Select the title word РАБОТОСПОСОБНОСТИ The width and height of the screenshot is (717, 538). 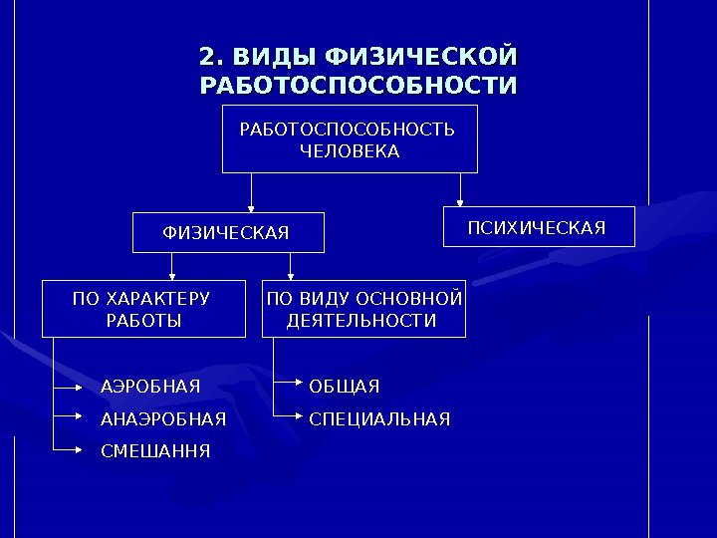click(358, 86)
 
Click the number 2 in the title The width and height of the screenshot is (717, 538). click(207, 54)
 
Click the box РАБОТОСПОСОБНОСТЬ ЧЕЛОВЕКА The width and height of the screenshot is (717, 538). click(350, 139)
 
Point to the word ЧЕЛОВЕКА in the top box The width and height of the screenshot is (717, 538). click(350, 151)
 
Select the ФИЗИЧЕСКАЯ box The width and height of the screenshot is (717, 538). click(229, 232)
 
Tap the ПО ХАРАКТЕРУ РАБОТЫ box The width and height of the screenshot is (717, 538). click(142, 309)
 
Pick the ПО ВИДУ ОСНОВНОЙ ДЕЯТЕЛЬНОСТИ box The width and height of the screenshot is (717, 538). click(363, 309)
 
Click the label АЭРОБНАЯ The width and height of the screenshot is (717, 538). click(150, 386)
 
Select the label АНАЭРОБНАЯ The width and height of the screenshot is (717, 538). click(163, 417)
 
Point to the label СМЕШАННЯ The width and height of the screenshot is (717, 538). click(155, 450)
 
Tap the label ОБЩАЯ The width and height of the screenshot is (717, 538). click(344, 386)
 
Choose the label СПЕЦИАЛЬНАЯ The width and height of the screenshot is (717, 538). click(379, 417)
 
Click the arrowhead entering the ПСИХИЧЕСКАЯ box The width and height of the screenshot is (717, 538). click(460, 202)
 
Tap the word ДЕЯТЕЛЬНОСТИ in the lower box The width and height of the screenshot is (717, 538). click(361, 321)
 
